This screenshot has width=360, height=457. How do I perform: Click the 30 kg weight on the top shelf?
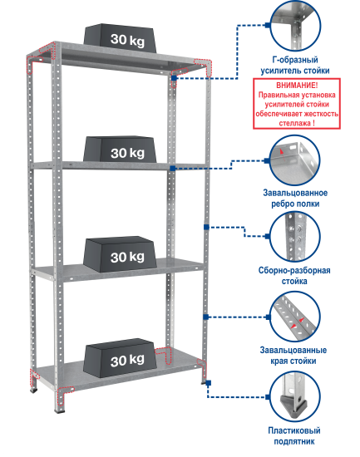click(x=120, y=38)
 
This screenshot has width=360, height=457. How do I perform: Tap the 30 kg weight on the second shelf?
click(x=120, y=150)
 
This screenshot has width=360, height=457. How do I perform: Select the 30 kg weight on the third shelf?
click(x=120, y=254)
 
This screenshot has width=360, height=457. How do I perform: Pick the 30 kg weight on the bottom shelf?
click(x=120, y=358)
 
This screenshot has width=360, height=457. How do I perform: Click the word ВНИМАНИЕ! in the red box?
click(x=297, y=86)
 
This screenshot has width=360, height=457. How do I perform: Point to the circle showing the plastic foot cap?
click(x=294, y=396)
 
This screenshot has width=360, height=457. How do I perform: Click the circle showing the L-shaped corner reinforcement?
click(x=295, y=26)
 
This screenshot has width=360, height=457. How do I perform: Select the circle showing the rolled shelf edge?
click(x=294, y=160)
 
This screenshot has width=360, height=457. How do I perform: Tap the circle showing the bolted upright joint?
click(x=294, y=237)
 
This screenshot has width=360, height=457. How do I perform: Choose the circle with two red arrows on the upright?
click(x=294, y=317)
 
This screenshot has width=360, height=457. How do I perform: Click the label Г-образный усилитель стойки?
click(x=295, y=66)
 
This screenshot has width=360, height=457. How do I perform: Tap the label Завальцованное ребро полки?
click(x=295, y=199)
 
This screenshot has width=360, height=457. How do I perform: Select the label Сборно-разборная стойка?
click(x=294, y=276)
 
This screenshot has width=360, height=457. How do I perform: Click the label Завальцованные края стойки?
click(x=293, y=356)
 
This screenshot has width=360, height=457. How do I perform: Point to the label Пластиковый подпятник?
click(x=294, y=435)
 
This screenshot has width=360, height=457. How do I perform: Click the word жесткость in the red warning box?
click(x=321, y=114)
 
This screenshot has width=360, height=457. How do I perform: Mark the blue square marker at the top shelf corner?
click(x=174, y=78)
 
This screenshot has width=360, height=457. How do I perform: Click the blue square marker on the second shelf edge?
click(x=173, y=168)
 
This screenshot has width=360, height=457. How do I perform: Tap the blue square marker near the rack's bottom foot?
click(x=208, y=383)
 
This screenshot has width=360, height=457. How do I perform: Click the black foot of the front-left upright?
click(x=61, y=411)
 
